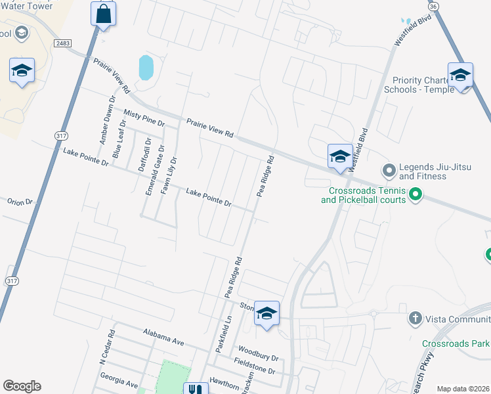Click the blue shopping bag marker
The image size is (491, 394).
coord(104,13)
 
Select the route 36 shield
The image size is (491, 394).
coord(432,5)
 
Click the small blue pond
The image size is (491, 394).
coord(146,67)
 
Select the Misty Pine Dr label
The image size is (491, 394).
coord(144,118)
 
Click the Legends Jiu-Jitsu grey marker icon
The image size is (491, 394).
coord(389,171)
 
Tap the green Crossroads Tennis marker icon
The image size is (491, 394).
coord(415,194)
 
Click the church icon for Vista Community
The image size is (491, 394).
coord(415,319)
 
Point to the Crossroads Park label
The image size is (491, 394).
coord(456,343)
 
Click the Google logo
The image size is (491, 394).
coord(22,385)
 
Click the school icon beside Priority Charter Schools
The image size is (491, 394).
coord(460,76)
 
